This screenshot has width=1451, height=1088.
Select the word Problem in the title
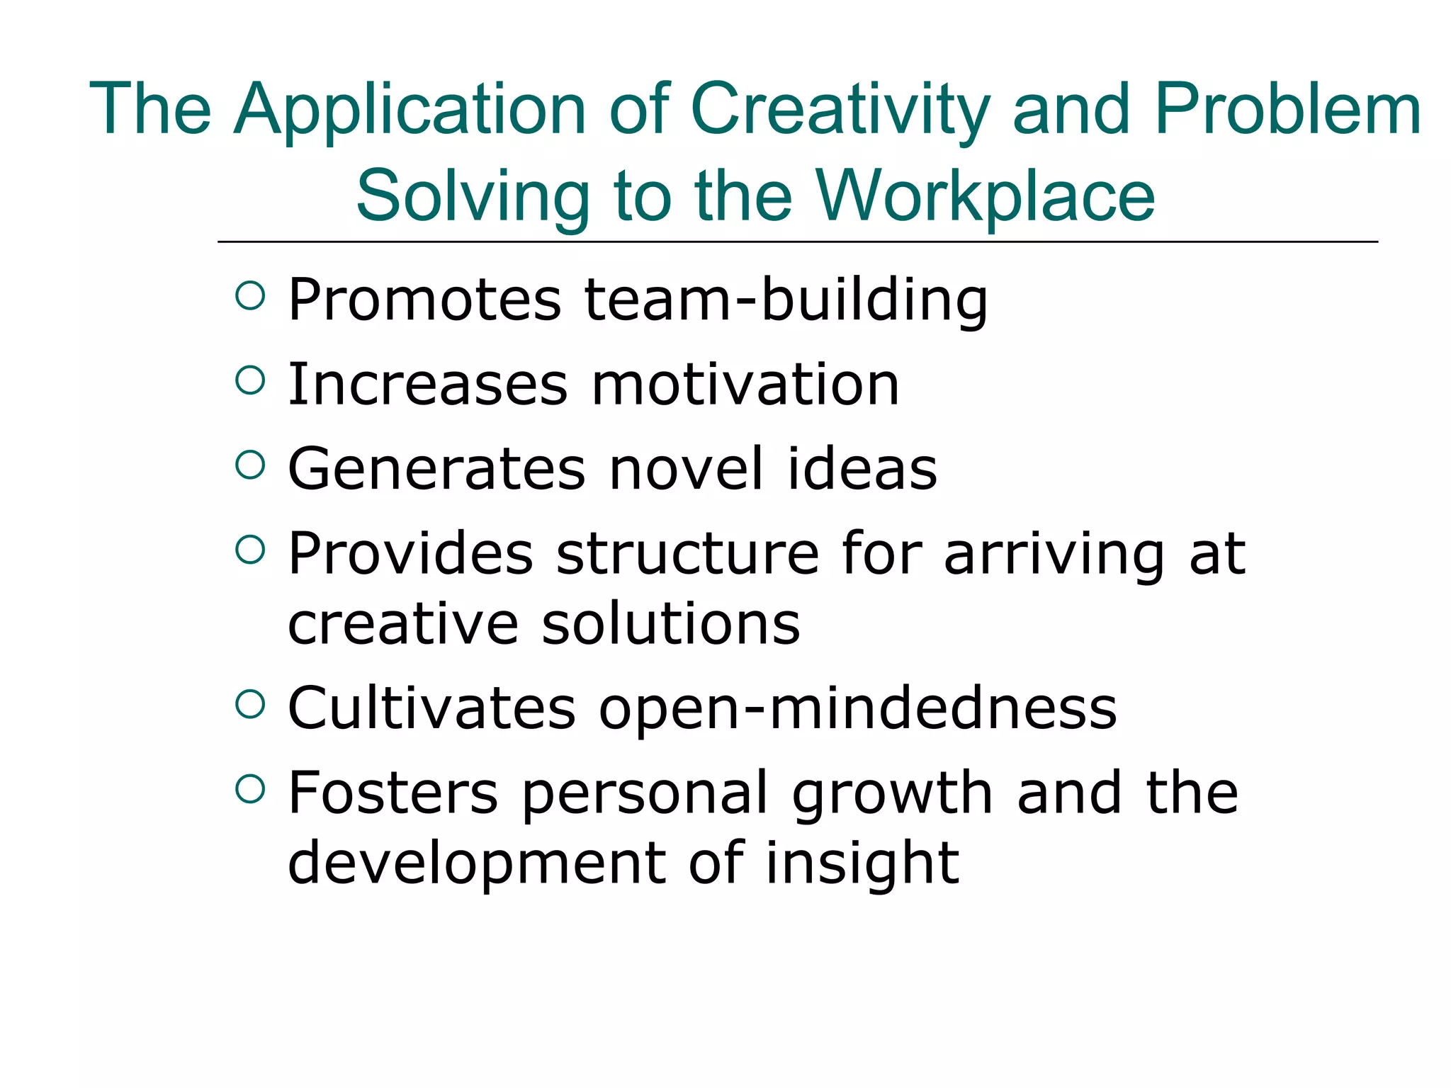[x=1287, y=110]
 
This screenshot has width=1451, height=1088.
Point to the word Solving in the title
[x=473, y=196]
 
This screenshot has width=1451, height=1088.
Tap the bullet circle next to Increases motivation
[x=249, y=380]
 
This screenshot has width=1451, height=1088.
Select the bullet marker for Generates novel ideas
[x=249, y=465]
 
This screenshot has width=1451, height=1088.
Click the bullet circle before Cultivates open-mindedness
[x=249, y=704]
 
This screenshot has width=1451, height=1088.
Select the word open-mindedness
[x=858, y=709]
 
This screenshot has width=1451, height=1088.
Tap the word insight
[x=862, y=863]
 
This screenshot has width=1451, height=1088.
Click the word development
[x=477, y=863]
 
